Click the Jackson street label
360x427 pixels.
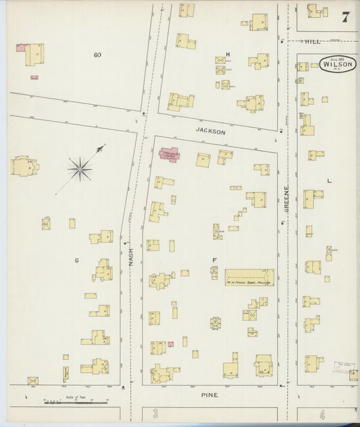[x=210, y=133]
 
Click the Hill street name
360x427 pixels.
[x=312, y=41]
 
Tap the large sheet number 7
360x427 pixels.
[x=345, y=18]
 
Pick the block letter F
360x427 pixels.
[x=214, y=260]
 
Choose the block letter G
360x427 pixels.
[x=76, y=259]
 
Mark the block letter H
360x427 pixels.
[x=228, y=54]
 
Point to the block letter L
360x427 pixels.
[x=329, y=182]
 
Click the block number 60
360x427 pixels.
[x=97, y=54]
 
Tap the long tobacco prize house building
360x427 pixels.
[x=249, y=276]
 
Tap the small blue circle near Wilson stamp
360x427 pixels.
[x=299, y=80]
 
